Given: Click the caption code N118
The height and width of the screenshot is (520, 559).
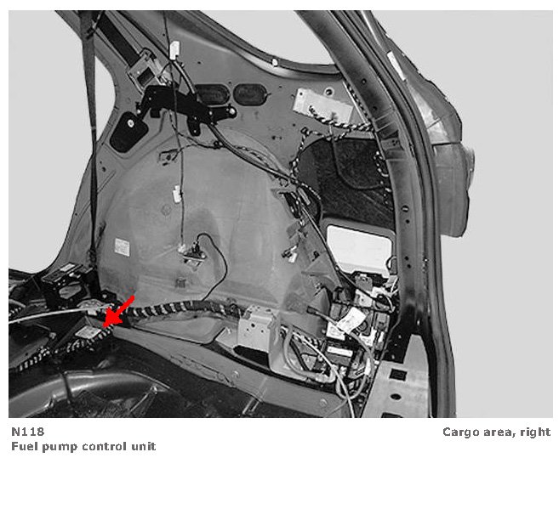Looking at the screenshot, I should (x=28, y=431).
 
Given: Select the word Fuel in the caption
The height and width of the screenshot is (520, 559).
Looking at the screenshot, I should (x=25, y=446).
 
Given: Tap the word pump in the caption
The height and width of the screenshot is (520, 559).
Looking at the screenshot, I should (x=59, y=447).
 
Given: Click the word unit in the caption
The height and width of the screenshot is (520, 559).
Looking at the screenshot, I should (x=143, y=446).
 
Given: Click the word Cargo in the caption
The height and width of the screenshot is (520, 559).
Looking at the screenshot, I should (x=460, y=432).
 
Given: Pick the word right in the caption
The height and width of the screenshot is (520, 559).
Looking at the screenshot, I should (x=533, y=432).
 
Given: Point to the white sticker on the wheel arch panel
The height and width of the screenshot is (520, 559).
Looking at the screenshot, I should (x=123, y=246).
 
